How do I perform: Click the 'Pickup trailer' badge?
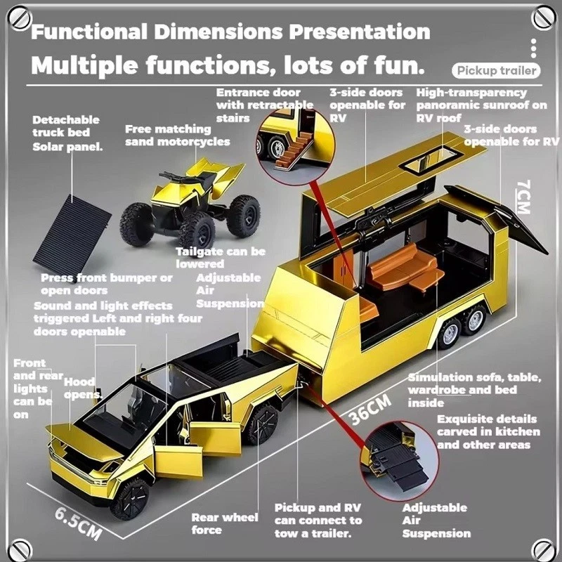tap(496, 70)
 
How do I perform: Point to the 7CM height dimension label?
tap(524, 196)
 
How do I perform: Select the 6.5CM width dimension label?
tap(78, 521)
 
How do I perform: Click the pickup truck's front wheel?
tap(131, 499)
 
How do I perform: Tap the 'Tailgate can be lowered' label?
tap(220, 258)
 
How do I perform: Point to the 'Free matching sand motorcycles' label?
tap(177, 135)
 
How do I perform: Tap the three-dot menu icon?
tap(534, 47)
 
